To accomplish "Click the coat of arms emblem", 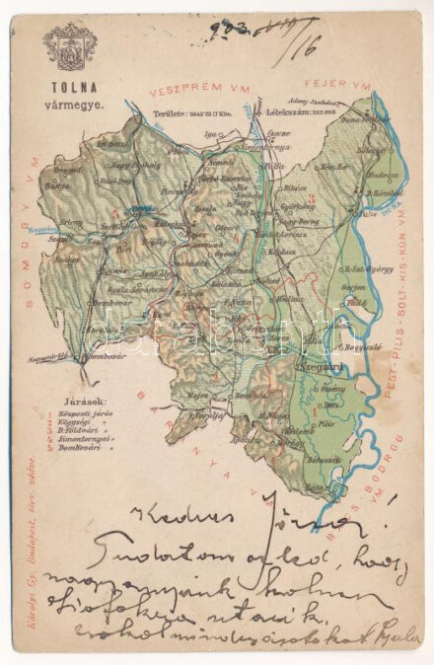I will pyautogui.click(x=69, y=48).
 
